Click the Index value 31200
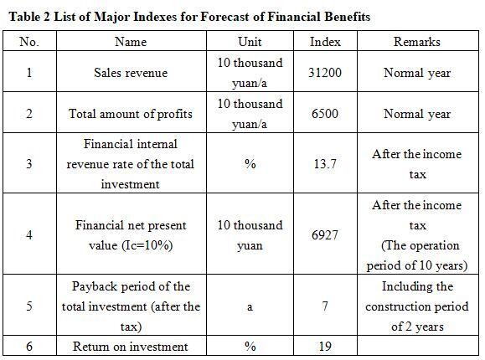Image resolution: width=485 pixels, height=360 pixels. (325, 73)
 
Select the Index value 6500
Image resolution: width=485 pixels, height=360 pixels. (325, 114)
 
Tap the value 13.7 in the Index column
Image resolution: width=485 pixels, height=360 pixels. (325, 163)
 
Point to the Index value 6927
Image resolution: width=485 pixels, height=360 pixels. (325, 235)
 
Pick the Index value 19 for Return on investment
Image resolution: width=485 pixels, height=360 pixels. (325, 346)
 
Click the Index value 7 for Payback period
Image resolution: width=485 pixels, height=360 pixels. (325, 306)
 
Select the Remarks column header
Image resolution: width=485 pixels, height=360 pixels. (417, 42)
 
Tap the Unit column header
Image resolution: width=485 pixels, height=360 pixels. (250, 42)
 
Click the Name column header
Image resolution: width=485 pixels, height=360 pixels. (131, 42)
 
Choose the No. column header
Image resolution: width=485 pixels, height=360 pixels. (29, 42)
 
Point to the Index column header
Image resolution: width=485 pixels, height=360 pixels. (325, 42)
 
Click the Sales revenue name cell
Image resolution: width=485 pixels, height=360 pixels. (131, 73)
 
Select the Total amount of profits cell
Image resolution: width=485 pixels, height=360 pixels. (131, 114)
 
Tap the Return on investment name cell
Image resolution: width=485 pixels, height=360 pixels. (130, 347)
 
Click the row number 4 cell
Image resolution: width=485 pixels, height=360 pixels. (29, 235)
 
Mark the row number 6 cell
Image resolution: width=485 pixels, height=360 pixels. (29, 346)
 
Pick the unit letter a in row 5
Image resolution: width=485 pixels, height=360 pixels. (250, 307)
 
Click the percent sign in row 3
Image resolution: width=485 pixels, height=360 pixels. (250, 163)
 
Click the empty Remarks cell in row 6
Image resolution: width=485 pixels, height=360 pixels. (418, 346)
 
